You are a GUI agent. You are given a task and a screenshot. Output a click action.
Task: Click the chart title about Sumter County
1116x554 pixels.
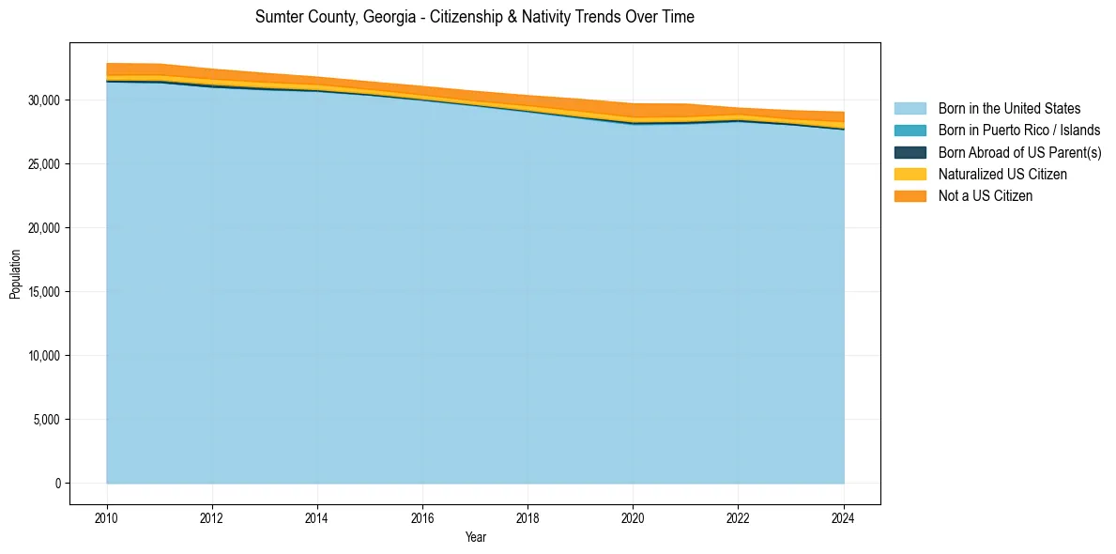(x=474, y=17)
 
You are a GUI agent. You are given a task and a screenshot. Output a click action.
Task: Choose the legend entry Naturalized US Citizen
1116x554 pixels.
(x=1002, y=175)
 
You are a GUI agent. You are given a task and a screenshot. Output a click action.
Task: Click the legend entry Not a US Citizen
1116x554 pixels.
(x=986, y=196)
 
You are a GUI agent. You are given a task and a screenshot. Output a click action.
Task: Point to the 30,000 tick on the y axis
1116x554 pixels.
(x=43, y=100)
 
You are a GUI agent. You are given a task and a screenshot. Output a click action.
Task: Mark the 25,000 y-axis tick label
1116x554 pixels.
(x=43, y=164)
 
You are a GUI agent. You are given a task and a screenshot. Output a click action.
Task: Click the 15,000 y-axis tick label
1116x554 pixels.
(x=43, y=292)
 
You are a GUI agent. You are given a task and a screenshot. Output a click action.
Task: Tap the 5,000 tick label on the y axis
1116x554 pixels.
(x=46, y=420)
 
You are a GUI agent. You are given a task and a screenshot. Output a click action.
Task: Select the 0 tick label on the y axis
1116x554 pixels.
(x=56, y=484)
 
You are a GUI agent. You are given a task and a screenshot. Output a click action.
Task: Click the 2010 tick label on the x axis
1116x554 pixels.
(x=107, y=517)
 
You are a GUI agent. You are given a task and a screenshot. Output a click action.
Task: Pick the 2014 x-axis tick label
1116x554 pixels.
(x=317, y=517)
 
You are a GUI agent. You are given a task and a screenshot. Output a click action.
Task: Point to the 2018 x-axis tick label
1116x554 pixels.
(x=527, y=517)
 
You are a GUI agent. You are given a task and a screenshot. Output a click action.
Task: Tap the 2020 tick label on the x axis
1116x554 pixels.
(x=634, y=517)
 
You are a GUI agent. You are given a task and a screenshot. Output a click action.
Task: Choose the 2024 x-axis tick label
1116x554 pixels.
(x=844, y=517)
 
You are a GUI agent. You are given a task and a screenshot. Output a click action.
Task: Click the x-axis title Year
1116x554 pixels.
(x=475, y=538)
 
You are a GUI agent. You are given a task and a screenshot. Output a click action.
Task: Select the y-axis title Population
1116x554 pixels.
(x=15, y=274)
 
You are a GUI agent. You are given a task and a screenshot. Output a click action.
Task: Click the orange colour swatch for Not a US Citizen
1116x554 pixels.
(x=910, y=196)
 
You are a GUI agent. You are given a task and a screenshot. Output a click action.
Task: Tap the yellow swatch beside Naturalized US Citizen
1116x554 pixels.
(x=910, y=175)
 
